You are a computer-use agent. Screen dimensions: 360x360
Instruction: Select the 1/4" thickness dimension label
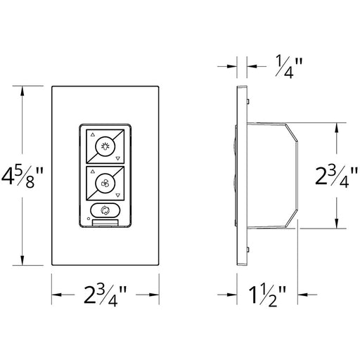[x=289, y=66]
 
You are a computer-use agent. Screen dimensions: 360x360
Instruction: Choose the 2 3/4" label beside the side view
[x=336, y=176]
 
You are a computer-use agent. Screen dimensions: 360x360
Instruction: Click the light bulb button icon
[x=105, y=146]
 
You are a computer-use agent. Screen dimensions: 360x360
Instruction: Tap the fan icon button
[x=105, y=184]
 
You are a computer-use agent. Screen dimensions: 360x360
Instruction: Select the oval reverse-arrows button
[x=105, y=210]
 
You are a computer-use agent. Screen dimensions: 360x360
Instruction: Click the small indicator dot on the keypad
[x=88, y=219]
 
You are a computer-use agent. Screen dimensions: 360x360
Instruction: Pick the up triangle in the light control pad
[x=93, y=135]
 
